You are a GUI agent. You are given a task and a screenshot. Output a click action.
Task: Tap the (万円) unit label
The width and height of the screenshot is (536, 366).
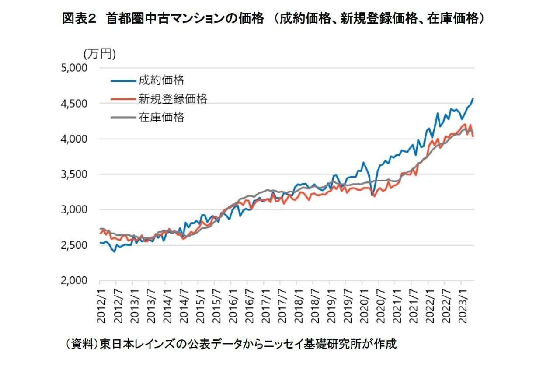99,54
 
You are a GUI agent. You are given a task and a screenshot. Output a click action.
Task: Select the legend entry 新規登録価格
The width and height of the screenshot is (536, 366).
173,99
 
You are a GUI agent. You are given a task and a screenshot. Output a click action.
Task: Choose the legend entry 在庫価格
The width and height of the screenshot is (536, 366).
161,117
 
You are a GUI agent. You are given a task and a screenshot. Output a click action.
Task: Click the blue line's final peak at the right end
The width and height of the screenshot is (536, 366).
473,99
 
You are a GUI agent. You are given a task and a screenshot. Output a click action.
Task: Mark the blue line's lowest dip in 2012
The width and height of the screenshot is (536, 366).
115,251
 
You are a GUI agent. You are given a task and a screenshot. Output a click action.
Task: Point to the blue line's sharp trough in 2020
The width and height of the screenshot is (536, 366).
372,195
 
